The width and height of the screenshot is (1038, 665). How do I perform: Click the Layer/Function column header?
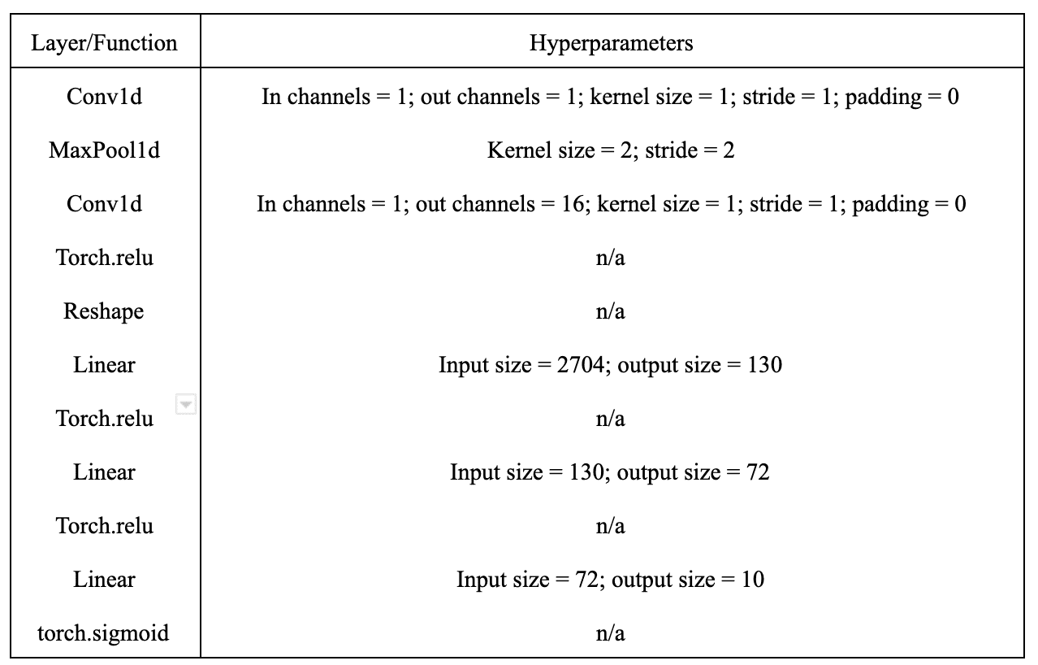(x=104, y=43)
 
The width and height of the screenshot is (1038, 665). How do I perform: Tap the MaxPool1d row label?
(x=104, y=150)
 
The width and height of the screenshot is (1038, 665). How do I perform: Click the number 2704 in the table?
(x=581, y=365)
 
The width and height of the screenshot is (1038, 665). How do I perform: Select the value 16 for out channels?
(x=573, y=204)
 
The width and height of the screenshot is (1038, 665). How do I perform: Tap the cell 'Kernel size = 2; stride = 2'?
(x=611, y=150)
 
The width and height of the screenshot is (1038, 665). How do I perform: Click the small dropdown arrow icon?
(x=186, y=404)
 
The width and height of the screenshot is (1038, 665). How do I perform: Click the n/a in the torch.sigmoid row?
(x=610, y=633)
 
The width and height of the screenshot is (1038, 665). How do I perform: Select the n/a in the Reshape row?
(x=610, y=311)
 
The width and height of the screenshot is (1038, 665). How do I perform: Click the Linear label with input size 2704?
(x=104, y=365)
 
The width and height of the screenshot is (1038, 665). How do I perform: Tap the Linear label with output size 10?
(x=104, y=580)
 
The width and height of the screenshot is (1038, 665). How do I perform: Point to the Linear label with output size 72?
(x=104, y=472)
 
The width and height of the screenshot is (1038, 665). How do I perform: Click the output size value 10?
(x=753, y=580)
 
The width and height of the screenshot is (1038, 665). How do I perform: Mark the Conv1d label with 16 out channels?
(x=104, y=204)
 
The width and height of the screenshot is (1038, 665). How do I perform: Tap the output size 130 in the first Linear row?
(x=765, y=365)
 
